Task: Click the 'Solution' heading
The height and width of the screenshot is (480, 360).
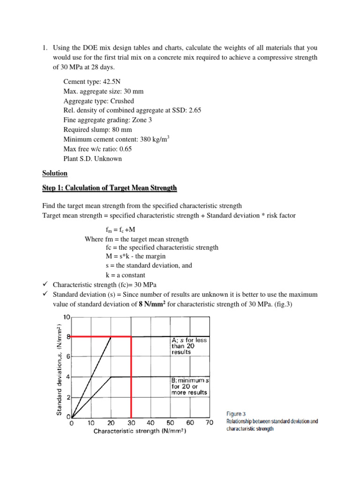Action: coord(54,173)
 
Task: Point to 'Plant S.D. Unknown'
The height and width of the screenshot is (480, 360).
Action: coord(92,158)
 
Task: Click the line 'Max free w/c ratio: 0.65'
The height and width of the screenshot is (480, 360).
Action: coord(98,149)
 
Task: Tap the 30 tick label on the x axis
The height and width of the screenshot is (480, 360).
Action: coord(131,423)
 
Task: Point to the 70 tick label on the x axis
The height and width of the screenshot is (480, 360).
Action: coord(209,423)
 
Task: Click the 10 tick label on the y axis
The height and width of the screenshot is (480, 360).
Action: coord(66,317)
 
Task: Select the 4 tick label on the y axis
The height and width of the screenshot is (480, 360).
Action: coord(68,377)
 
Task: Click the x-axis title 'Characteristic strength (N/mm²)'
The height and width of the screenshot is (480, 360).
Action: coord(140,431)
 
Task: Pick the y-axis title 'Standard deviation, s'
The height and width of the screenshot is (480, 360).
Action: coord(60,368)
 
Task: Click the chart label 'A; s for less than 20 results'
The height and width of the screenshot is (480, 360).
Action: coord(189,346)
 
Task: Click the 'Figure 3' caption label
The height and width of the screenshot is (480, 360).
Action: coord(236,414)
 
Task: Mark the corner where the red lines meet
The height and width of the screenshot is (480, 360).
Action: coord(131,336)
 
